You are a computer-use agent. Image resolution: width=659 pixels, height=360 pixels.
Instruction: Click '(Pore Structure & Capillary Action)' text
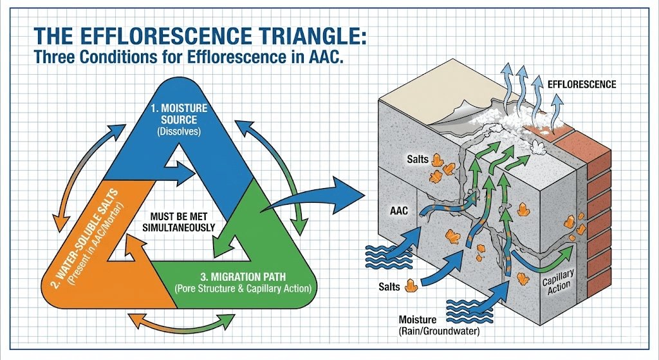pyautogui.click(x=243, y=289)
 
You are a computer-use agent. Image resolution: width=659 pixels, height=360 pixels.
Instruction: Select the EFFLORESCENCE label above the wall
pyautogui.click(x=582, y=84)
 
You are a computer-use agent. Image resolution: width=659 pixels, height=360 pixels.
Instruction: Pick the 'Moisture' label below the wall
pyautogui.click(x=418, y=320)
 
